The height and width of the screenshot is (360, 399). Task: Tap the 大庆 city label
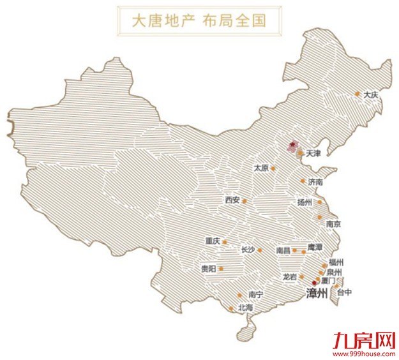pos(370,94)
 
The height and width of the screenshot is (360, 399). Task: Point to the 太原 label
pos(260,168)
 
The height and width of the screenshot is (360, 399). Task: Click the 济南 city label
pos(315,182)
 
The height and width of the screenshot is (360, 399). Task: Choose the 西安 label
pos(232,200)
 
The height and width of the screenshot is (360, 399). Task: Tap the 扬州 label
pos(305,202)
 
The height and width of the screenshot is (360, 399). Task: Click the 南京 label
pos(333,224)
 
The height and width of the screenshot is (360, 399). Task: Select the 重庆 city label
pos(213,241)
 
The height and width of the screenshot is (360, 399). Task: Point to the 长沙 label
pos(248,250)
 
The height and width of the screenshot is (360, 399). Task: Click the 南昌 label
pos(283,250)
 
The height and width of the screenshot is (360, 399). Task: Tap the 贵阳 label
pos(208,269)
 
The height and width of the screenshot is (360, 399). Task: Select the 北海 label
pos(245,308)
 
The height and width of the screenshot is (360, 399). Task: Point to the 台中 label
pos(344,292)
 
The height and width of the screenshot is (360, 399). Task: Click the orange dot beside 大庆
pos(358,94)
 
